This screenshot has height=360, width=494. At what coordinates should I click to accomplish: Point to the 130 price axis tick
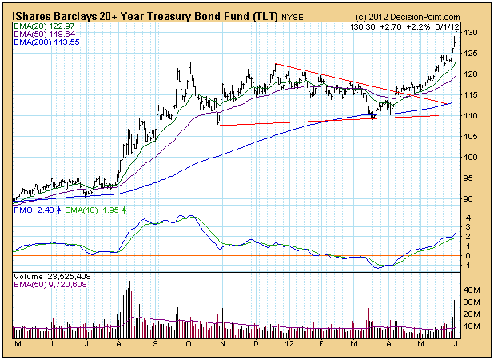(473, 33)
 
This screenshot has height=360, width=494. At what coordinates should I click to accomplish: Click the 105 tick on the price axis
(473, 137)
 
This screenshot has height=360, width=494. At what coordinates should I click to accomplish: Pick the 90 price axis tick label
(471, 199)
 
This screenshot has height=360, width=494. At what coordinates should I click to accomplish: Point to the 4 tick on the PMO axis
(468, 218)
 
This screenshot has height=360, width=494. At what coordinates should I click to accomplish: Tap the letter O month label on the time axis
(189, 344)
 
